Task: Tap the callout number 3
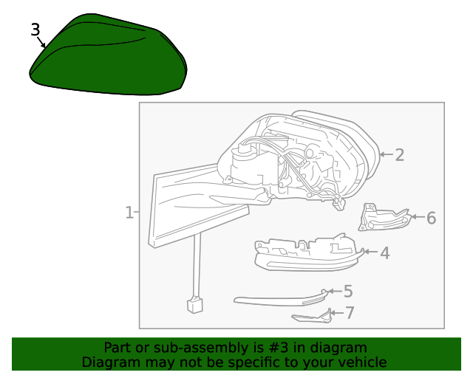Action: tap(35, 30)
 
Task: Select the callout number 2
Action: tap(399, 154)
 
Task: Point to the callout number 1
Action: tap(129, 213)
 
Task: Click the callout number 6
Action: tap(432, 218)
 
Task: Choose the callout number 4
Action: tap(384, 253)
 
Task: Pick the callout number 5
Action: tap(348, 291)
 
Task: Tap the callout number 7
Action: tap(350, 313)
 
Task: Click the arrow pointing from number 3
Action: tap(41, 42)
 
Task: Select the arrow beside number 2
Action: tap(386, 154)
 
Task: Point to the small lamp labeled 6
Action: tap(384, 218)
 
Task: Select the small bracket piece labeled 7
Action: tap(312, 317)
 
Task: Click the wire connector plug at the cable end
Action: tap(195, 305)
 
